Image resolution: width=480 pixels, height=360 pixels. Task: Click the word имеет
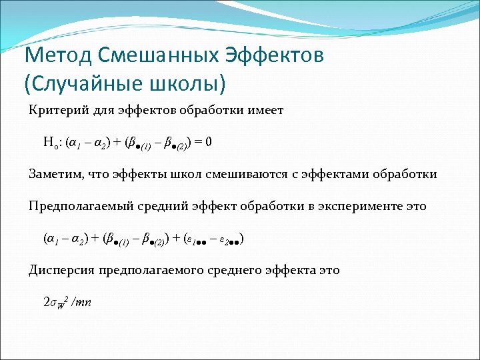pos(266,110)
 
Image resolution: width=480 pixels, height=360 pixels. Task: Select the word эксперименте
pos(359,206)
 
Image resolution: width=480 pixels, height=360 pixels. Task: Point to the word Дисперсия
pos(61,270)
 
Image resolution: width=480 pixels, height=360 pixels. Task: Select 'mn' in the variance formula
pos(83,302)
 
